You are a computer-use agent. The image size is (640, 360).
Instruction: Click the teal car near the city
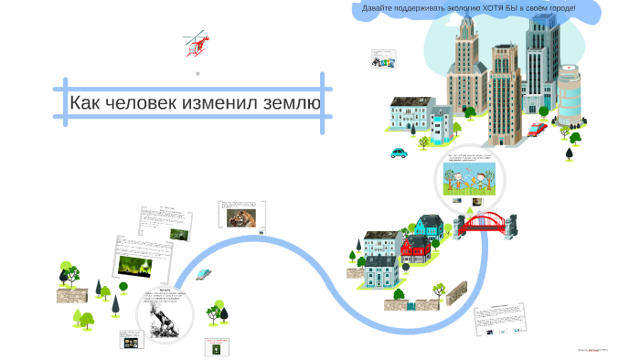pos(399,152)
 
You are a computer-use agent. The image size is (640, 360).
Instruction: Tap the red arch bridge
pos(485,222)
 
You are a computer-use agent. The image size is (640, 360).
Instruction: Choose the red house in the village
pos(415,245)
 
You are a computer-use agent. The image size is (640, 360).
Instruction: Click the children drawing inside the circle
pos(469,178)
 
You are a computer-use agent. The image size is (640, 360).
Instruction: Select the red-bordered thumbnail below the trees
pos(216,348)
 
